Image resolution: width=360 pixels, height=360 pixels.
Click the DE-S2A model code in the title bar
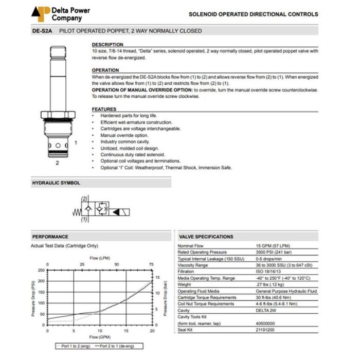click(42, 31)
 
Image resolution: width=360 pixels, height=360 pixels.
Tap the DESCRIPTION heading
click(107, 45)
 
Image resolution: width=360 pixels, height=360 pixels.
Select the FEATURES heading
click(104, 109)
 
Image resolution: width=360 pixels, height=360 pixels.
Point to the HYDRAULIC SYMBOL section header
click(57, 183)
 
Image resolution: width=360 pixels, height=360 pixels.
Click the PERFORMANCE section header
click(50, 237)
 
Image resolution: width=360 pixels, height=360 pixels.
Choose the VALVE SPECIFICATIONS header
click(206, 237)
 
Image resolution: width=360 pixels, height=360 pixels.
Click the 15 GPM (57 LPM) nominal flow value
click(272, 246)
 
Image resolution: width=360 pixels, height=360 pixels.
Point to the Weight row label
click(185, 284)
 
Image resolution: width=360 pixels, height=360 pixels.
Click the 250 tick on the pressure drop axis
click(42, 269)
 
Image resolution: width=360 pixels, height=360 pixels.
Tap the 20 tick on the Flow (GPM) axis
click(152, 331)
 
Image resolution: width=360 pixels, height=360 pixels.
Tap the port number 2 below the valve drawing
click(58, 163)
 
